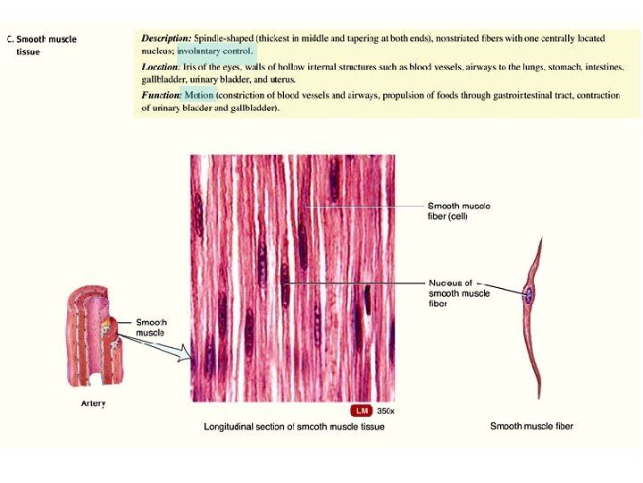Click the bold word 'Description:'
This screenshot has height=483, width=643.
tap(166, 38)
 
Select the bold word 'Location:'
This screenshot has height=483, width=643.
tap(161, 67)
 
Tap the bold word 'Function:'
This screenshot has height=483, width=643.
tap(162, 95)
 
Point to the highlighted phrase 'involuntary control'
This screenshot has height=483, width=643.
tap(215, 51)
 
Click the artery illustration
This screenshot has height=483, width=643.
tap(89, 340)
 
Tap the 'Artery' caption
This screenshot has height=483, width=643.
tap(93, 403)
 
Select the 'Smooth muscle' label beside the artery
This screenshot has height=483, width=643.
tap(150, 327)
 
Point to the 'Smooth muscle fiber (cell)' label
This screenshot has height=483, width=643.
tap(458, 210)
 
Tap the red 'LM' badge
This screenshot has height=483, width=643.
tap(362, 411)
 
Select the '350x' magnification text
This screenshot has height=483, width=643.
tap(385, 411)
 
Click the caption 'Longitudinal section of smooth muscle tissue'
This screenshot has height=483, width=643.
tap(294, 427)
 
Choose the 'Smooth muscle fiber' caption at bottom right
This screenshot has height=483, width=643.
tap(531, 426)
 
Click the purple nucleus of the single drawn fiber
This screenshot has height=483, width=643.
tap(529, 293)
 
